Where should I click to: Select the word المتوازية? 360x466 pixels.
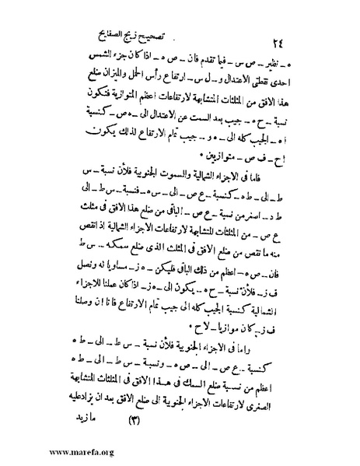[x=118, y=105]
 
